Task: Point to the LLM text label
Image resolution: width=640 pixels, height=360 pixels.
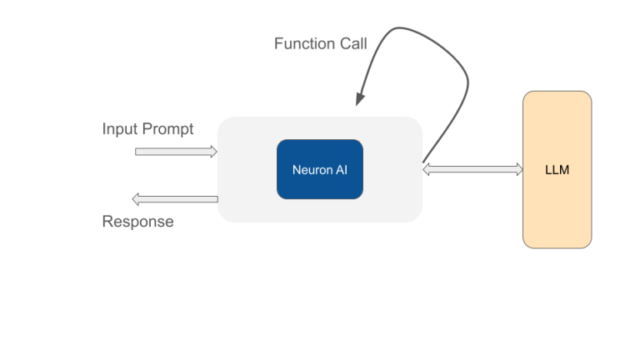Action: pyautogui.click(x=557, y=170)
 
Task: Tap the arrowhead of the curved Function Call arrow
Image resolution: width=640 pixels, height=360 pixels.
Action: pyautogui.click(x=359, y=97)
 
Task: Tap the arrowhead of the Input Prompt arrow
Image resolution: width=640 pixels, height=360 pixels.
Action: pyautogui.click(x=213, y=152)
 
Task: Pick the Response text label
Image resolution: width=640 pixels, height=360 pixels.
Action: pyautogui.click(x=137, y=222)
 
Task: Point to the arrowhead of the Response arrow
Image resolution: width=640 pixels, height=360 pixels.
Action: pyautogui.click(x=137, y=199)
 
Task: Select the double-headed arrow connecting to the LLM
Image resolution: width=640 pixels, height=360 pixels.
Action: pyautogui.click(x=472, y=169)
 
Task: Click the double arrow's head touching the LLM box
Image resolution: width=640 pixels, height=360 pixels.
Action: pyautogui.click(x=517, y=169)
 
